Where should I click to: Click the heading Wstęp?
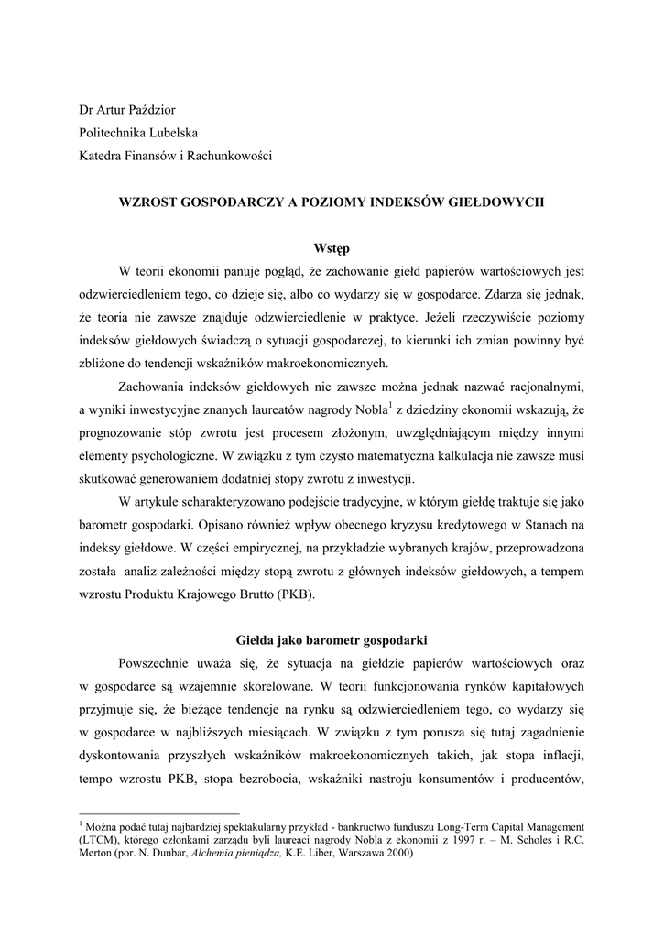[x=332, y=248]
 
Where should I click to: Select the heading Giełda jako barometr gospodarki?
[x=332, y=638]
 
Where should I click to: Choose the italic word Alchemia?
[x=213, y=854]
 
